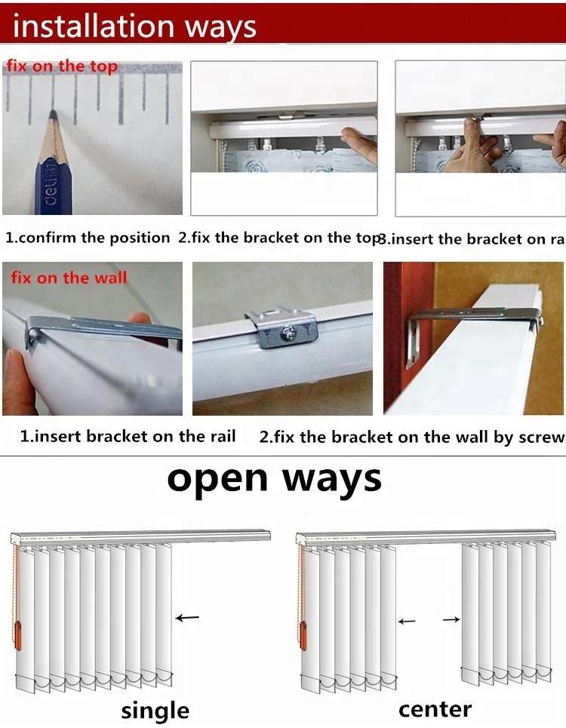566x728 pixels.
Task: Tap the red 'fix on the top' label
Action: point(63,66)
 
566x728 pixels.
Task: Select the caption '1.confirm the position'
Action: point(88,238)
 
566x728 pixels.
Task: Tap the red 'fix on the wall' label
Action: point(69,278)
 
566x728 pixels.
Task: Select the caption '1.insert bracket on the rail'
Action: point(128,436)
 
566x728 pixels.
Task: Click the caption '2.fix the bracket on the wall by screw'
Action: point(412,437)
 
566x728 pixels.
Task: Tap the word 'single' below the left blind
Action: point(155,711)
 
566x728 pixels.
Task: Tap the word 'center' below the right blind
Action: point(435,709)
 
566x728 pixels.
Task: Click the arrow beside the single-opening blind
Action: point(188,618)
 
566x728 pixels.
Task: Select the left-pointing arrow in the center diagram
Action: point(407,621)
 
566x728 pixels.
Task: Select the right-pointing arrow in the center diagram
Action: point(451,619)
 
